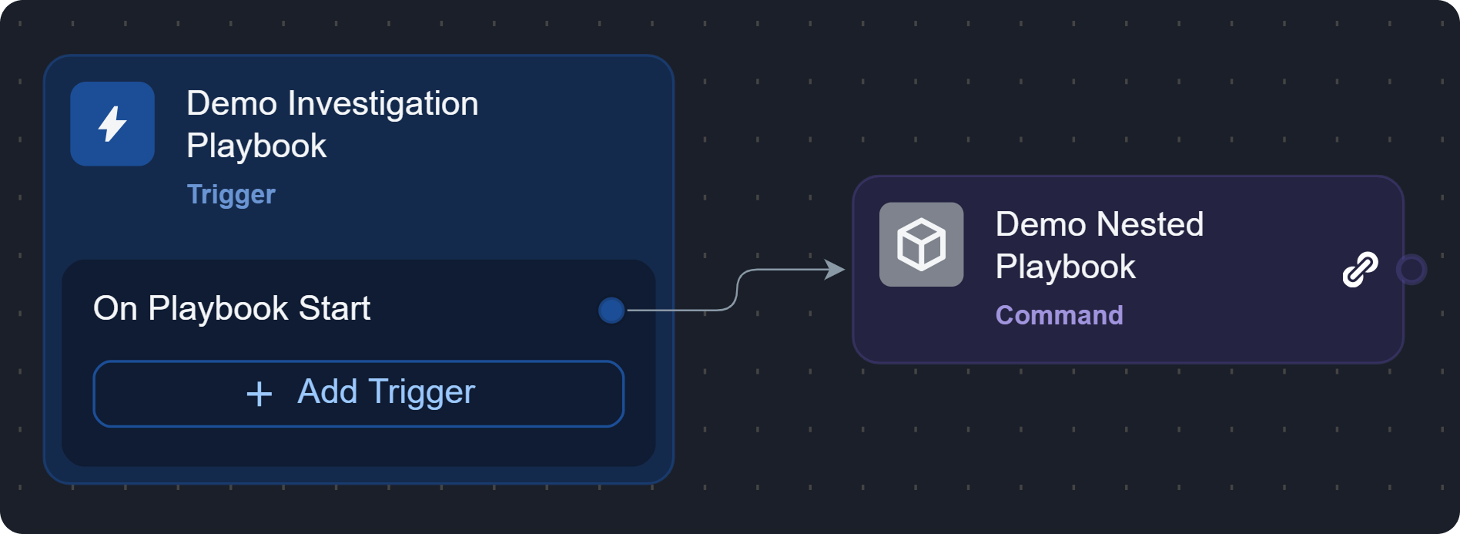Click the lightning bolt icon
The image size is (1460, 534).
112,124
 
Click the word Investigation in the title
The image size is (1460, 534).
383,103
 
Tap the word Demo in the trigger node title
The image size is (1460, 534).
232,103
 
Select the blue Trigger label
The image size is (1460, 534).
231,194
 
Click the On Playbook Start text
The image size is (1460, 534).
231,308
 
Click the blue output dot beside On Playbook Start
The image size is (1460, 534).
611,311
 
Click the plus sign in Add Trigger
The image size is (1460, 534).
260,394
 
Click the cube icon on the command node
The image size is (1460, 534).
921,244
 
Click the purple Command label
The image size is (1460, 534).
1059,315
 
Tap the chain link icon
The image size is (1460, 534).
1360,270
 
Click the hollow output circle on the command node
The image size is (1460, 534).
1411,270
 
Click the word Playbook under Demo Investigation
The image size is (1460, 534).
256,146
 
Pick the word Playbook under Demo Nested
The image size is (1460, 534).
1065,267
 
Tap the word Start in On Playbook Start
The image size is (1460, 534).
334,308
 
